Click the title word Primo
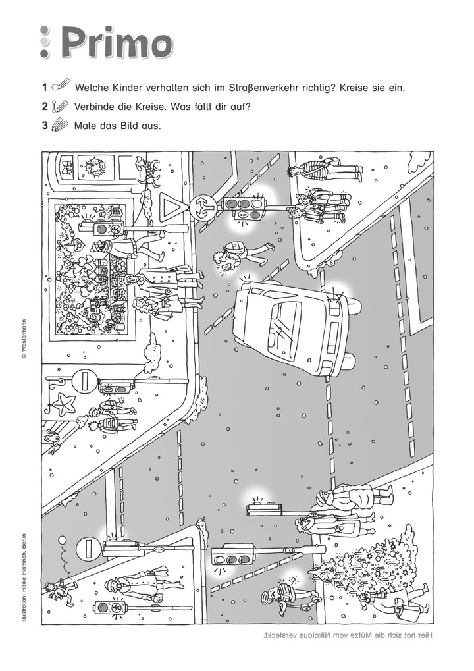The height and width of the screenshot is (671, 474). point(117,45)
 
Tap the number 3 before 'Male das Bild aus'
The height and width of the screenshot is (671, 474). point(45,126)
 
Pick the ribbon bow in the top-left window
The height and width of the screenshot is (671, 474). point(65,167)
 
